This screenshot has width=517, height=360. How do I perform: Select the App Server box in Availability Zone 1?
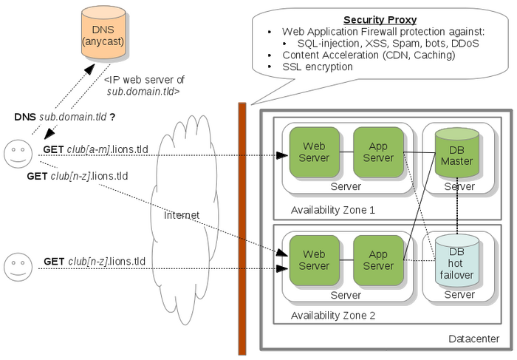click(378, 152)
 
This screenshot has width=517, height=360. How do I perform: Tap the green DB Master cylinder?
click(456, 153)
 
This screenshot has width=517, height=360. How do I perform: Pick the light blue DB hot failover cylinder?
click(456, 260)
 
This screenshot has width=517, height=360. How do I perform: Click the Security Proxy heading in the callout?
click(380, 19)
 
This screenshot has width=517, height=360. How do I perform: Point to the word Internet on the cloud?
click(182, 215)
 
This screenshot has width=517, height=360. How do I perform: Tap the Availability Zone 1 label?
click(333, 210)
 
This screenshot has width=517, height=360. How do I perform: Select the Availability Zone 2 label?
click(333, 316)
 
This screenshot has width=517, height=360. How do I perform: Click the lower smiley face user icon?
click(16, 265)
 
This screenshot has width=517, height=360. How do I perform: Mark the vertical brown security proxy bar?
click(242, 229)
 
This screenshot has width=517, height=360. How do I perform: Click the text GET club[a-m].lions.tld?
click(95, 150)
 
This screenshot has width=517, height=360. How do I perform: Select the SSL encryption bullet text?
click(318, 67)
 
